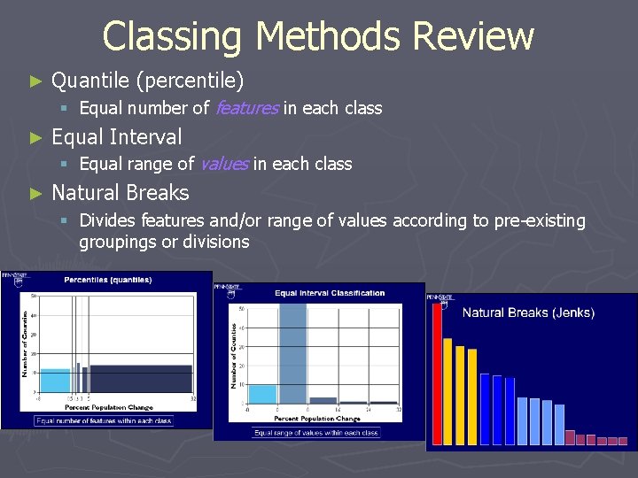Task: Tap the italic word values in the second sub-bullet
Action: click(x=224, y=164)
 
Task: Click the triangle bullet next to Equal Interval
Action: click(x=35, y=137)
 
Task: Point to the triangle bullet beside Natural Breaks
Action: click(x=35, y=193)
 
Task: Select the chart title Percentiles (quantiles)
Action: click(x=107, y=280)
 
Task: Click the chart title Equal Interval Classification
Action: click(x=330, y=293)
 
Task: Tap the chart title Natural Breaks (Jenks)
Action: click(x=528, y=312)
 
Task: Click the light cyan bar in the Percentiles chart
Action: click(x=55, y=381)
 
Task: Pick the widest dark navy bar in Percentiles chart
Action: click(x=141, y=379)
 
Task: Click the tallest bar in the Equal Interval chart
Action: click(x=292, y=354)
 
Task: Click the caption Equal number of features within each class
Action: click(x=104, y=421)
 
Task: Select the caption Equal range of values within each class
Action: click(x=316, y=433)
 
